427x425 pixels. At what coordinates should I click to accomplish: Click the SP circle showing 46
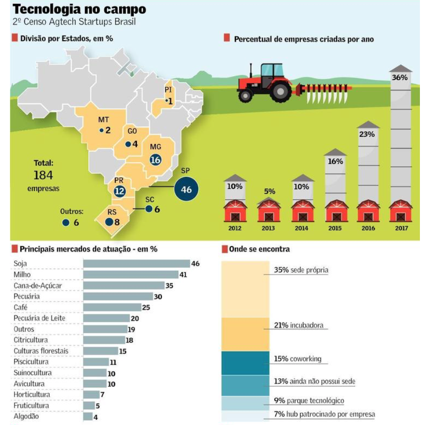point(186,189)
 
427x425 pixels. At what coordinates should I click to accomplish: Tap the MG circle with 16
point(155,160)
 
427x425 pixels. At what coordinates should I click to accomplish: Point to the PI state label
point(168,90)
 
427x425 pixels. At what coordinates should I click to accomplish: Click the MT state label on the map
point(103,120)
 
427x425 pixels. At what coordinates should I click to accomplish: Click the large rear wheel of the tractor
point(280,90)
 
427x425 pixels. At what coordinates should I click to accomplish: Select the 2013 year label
point(269,229)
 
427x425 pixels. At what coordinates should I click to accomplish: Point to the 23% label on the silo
point(367,134)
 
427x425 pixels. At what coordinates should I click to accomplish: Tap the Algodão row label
point(26,416)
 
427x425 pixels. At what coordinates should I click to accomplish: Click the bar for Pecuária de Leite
point(106,318)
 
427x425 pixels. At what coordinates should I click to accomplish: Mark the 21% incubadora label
point(301,326)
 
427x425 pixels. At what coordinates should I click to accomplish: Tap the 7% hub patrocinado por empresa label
point(325,414)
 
